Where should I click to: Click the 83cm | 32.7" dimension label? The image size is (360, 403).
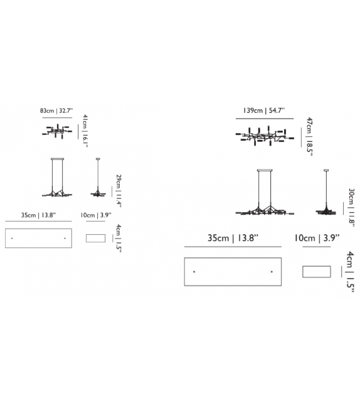click(56, 110)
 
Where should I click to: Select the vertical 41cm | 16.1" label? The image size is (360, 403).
click(85, 131)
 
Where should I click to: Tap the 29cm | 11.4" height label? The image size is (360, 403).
click(119, 191)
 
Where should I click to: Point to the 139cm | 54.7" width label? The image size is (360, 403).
click(264, 110)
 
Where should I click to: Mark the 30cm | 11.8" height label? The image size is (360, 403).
click(351, 208)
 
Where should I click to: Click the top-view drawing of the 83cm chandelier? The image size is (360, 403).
click(57, 131)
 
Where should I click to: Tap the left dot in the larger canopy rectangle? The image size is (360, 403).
click(194, 272)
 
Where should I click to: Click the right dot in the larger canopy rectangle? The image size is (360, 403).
click(272, 272)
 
